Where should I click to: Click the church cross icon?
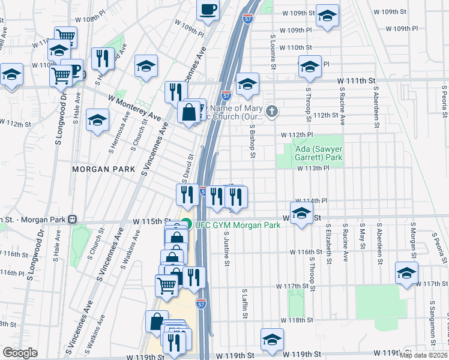click(x=272, y=111)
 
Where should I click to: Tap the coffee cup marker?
click(x=208, y=10)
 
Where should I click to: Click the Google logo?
click(x=20, y=353)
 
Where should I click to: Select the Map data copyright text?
click(x=424, y=355)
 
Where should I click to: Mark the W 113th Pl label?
click(x=313, y=169)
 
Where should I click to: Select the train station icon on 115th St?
click(x=72, y=220)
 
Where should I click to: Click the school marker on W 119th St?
click(x=272, y=339)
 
